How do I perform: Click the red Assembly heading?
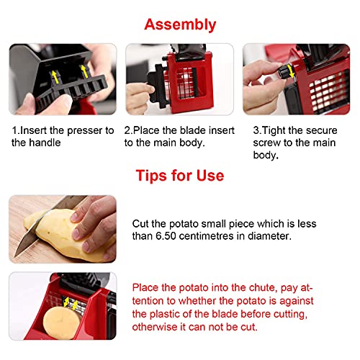pyautogui.click(x=180, y=25)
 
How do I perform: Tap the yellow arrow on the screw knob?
pyautogui.click(x=291, y=71)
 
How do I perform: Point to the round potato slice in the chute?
pyautogui.click(x=61, y=323)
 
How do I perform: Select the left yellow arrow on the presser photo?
pyautogui.click(x=55, y=77)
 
